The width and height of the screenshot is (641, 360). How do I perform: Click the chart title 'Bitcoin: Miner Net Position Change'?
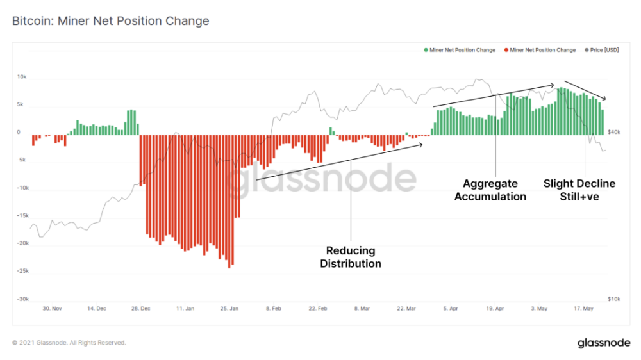click(110, 21)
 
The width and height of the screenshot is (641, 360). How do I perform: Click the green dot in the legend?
click(426, 50)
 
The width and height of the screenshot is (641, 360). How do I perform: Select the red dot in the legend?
click(506, 50)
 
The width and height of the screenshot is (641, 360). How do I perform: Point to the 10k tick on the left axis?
click(22, 77)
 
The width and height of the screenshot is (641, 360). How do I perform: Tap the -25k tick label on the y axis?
click(22, 271)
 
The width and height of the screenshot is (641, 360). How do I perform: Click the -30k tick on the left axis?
click(22, 299)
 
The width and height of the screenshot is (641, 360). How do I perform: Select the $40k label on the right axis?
click(613, 132)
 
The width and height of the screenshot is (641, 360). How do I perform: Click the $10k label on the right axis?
click(613, 299)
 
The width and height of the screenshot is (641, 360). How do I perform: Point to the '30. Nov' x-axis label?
click(52, 308)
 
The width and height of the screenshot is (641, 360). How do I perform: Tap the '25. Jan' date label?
click(229, 308)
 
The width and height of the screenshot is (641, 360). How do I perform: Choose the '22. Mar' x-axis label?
click(406, 308)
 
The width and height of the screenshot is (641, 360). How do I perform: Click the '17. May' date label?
click(583, 308)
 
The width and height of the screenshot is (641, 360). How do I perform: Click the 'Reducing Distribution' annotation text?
click(351, 257)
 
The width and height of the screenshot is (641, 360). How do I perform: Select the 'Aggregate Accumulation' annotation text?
click(490, 190)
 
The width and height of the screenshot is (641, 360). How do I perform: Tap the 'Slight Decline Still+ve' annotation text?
click(579, 190)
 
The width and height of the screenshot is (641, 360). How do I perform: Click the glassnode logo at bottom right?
click(604, 343)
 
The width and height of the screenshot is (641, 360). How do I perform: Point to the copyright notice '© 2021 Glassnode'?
click(69, 343)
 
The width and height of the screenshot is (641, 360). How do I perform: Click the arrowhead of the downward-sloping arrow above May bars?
click(604, 99)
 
